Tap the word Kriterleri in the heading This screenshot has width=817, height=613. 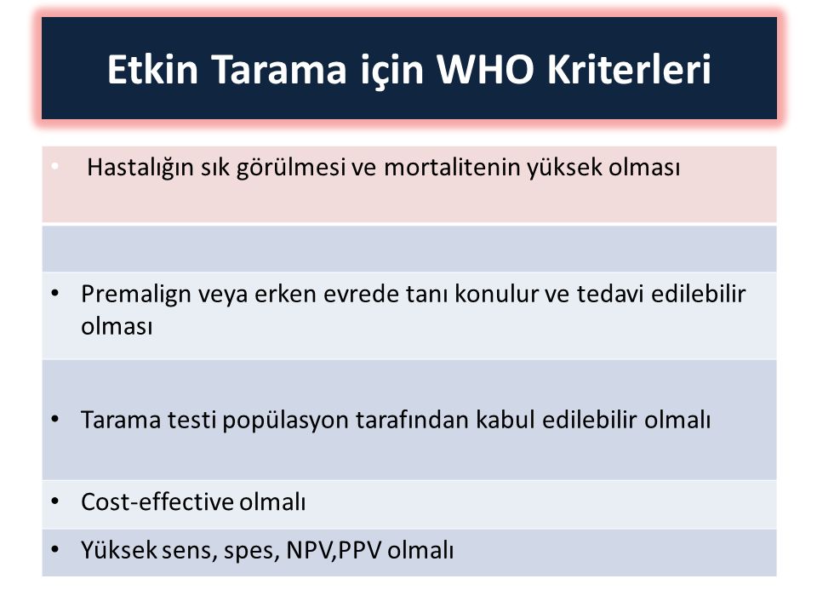(629, 69)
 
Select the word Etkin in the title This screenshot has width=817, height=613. (152, 69)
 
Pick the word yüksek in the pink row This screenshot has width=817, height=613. (563, 169)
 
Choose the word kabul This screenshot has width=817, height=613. (505, 420)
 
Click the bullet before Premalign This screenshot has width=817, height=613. (55, 294)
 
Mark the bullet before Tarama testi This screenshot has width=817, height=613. (55, 419)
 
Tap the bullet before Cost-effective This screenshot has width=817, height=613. (55, 501)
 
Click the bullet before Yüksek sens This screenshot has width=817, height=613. (55, 549)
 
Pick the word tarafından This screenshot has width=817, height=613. (412, 420)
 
